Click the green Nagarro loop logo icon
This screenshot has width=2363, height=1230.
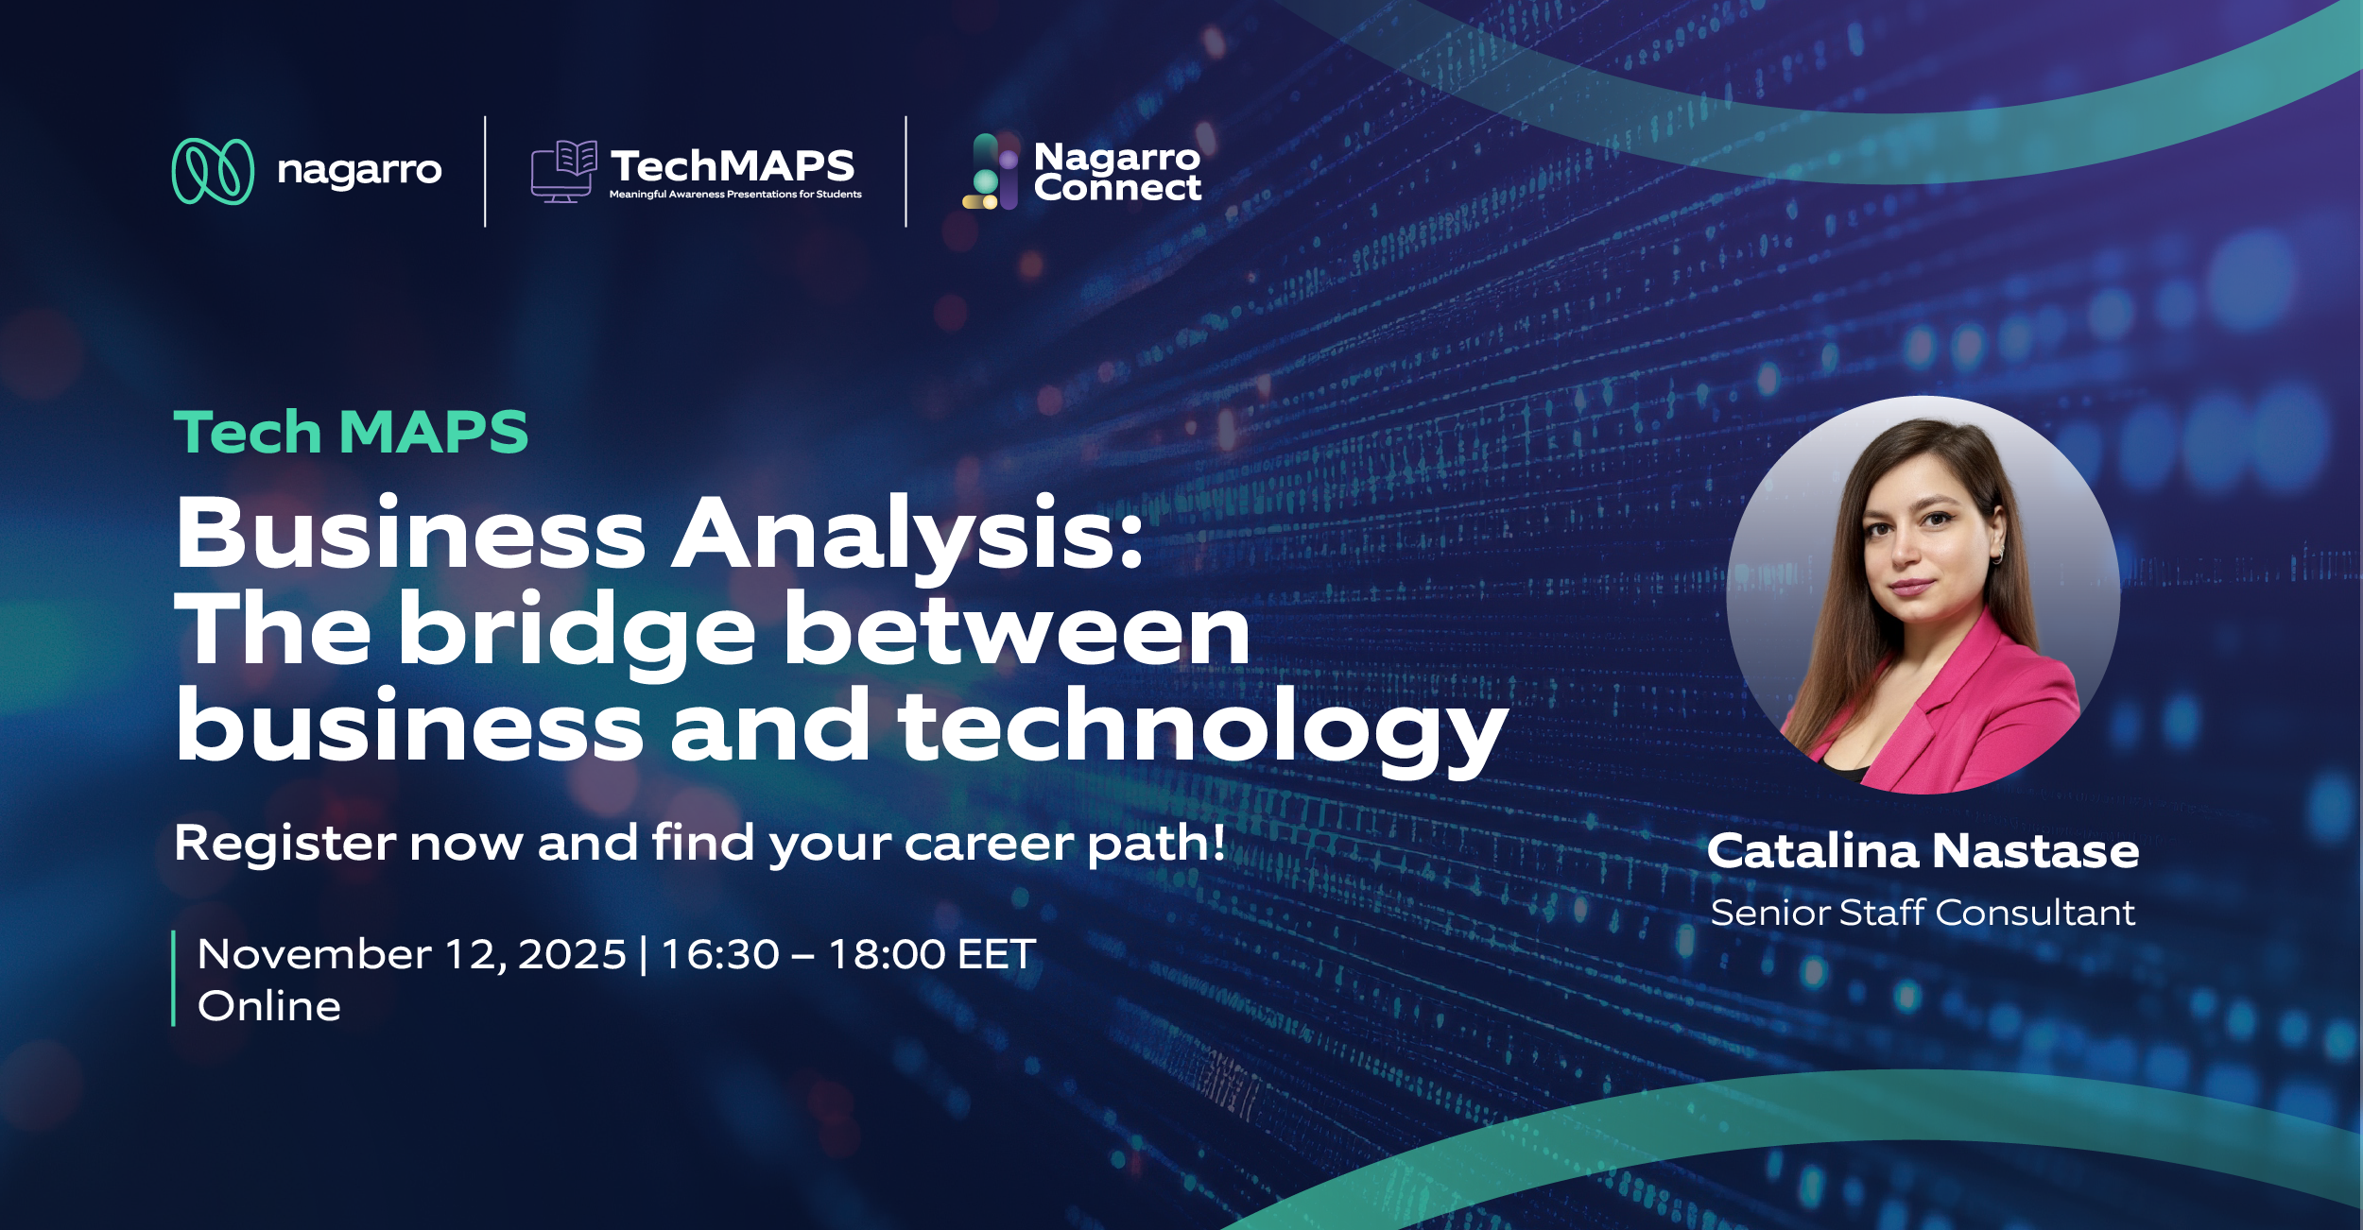click(x=213, y=171)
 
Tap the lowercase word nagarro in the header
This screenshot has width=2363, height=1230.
click(x=359, y=171)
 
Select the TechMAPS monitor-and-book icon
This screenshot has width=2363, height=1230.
click(x=563, y=171)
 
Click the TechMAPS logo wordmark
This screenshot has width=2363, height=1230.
click(x=733, y=166)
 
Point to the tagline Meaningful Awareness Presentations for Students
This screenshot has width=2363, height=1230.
click(x=735, y=195)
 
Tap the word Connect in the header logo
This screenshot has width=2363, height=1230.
click(x=1118, y=188)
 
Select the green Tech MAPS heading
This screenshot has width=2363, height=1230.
click(x=351, y=433)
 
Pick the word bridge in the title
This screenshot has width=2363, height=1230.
click(x=577, y=631)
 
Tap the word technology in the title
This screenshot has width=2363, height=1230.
click(x=1203, y=727)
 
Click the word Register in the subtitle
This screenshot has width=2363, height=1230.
click(x=285, y=844)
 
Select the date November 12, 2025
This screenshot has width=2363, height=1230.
click(x=412, y=954)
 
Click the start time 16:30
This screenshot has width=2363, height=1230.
click(x=719, y=954)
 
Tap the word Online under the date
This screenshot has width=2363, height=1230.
click(x=269, y=1006)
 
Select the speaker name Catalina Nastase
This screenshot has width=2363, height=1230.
click(x=1923, y=851)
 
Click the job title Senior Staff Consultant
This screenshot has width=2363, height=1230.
click(x=1923, y=913)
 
